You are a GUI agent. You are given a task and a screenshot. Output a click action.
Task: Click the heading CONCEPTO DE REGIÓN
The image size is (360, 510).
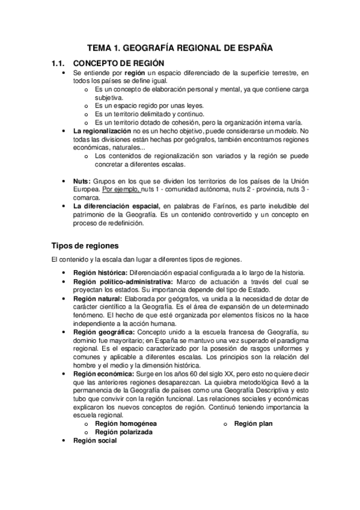pyautogui.click(x=118, y=63)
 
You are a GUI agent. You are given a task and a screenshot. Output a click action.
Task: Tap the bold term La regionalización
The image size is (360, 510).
pyautogui.click(x=102, y=131)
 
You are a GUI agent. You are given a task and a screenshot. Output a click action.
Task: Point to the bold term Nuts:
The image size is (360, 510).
pyautogui.click(x=82, y=181)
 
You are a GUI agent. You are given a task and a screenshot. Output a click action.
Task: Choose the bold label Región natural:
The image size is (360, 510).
pyautogui.click(x=97, y=298)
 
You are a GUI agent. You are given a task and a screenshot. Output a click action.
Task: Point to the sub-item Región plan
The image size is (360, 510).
pyautogui.click(x=253, y=424)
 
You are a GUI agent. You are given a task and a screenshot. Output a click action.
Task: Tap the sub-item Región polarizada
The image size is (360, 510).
pyautogui.click(x=123, y=432)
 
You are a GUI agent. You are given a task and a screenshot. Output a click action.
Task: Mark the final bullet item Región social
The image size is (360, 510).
pyautogui.click(x=95, y=441)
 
